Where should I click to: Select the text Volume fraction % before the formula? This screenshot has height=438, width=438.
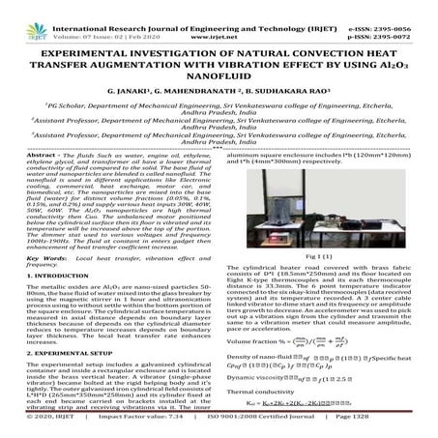pos(260,340)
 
